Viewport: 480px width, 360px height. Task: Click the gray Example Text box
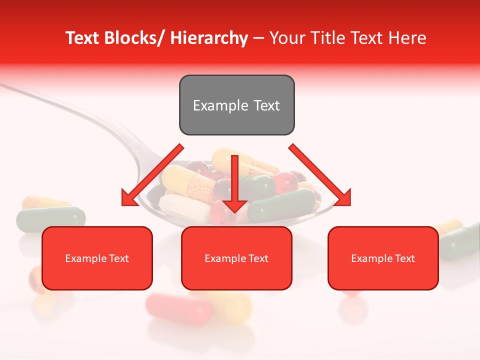click(236, 105)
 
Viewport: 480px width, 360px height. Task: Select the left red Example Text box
click(97, 258)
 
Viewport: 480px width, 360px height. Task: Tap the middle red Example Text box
click(236, 258)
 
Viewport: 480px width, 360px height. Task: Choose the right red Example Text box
click(383, 258)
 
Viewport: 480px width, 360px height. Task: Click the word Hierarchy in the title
click(209, 38)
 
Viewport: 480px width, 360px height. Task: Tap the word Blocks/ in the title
click(135, 38)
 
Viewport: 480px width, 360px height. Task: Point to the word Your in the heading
click(286, 38)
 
